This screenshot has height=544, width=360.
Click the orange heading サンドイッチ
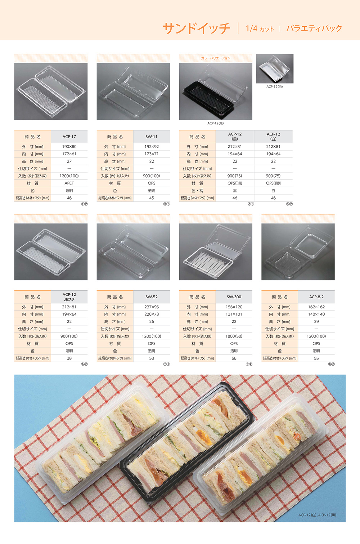point(197,28)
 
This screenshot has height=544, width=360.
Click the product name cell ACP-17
point(69,137)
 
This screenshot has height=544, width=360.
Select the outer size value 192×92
point(152,147)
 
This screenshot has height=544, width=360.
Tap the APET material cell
point(69,183)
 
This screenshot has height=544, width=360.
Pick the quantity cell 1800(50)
point(234,336)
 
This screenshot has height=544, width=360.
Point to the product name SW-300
point(234,297)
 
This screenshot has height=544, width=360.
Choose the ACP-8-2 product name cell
point(316,297)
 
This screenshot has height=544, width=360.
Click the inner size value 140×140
point(316,314)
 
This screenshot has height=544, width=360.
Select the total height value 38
point(69,358)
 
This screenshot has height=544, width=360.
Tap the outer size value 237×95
point(152,307)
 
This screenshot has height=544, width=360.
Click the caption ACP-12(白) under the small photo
point(275,87)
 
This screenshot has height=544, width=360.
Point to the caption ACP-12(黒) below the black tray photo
point(216,123)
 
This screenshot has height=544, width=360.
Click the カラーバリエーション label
point(216,58)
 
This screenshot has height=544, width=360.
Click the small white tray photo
point(275,68)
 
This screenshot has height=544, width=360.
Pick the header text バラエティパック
point(314,28)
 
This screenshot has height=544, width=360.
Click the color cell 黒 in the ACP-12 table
point(235,191)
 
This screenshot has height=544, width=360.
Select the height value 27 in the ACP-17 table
point(69,161)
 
